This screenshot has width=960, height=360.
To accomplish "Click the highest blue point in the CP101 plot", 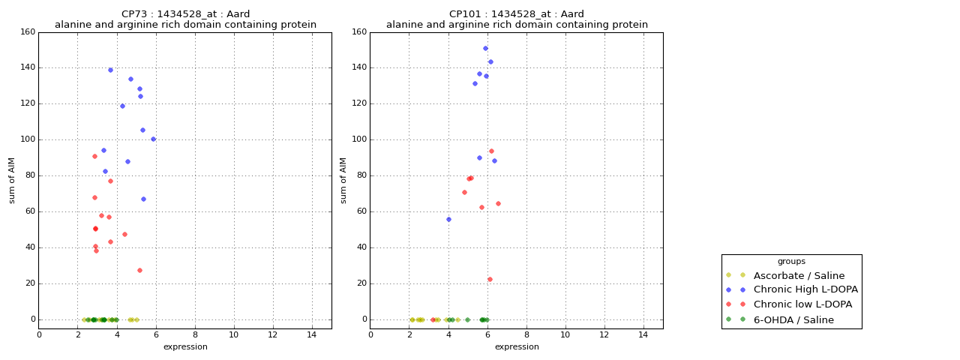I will pyautogui.click(x=485, y=49).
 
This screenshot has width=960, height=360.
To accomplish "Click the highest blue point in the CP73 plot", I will pyautogui.click(x=110, y=70).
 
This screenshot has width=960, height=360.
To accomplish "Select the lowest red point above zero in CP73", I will pyautogui.click(x=139, y=270).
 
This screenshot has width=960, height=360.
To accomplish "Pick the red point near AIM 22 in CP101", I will pyautogui.click(x=490, y=279).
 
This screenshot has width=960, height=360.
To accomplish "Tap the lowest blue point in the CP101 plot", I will pyautogui.click(x=448, y=219).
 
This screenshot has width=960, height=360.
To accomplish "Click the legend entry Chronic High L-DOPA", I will pyautogui.click(x=805, y=289).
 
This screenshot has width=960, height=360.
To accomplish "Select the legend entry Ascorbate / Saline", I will pyautogui.click(x=799, y=275).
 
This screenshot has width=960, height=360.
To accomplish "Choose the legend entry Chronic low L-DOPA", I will pyautogui.click(x=802, y=304).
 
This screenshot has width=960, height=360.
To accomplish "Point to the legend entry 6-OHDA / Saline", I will pyautogui.click(x=793, y=319).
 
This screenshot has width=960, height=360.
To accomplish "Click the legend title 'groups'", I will pyautogui.click(x=791, y=261).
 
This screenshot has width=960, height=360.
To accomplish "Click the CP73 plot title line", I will pyautogui.click(x=185, y=14).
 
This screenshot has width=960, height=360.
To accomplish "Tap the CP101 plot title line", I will pyautogui.click(x=517, y=14).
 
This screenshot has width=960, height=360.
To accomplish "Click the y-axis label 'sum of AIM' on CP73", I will pyautogui.click(x=12, y=180).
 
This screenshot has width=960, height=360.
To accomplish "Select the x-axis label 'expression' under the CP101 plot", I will pyautogui.click(x=517, y=346).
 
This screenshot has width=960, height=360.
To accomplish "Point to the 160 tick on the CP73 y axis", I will pyautogui.click(x=28, y=32).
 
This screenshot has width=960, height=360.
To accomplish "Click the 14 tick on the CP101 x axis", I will pyautogui.click(x=643, y=334).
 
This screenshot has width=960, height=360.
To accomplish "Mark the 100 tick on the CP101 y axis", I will pyautogui.click(x=359, y=139).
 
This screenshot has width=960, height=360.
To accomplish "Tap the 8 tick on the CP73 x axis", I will pyautogui.click(x=195, y=334).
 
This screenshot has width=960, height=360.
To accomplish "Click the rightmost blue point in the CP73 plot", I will pyautogui.click(x=153, y=139).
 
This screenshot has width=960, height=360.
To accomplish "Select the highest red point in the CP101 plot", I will pyautogui.click(x=491, y=151).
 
